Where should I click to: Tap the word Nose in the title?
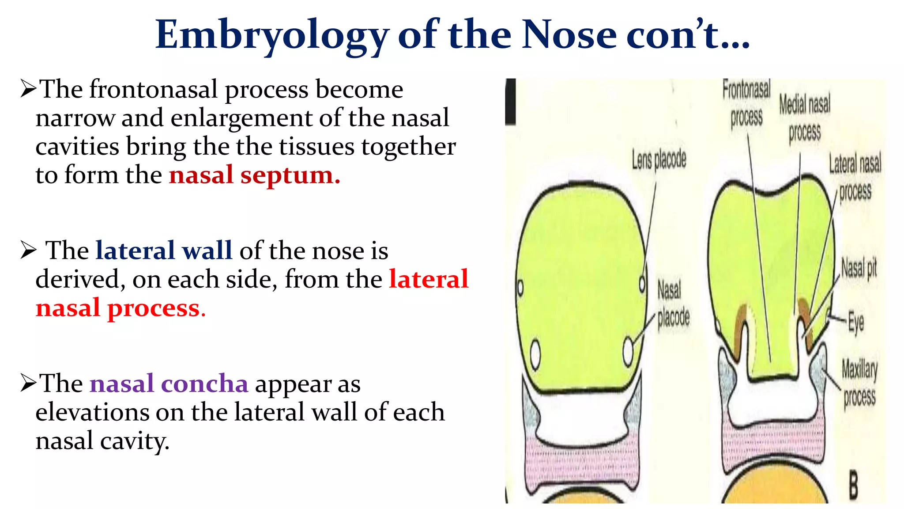click(569, 34)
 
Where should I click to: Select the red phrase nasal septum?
click(255, 175)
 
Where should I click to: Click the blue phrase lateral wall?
click(164, 251)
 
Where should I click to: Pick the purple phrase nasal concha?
click(169, 383)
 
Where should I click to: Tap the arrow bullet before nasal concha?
click(28, 383)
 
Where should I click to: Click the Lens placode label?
click(659, 160)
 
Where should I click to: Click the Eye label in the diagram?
click(856, 323)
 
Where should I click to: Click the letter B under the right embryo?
click(854, 485)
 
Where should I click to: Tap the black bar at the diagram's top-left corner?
click(511, 102)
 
